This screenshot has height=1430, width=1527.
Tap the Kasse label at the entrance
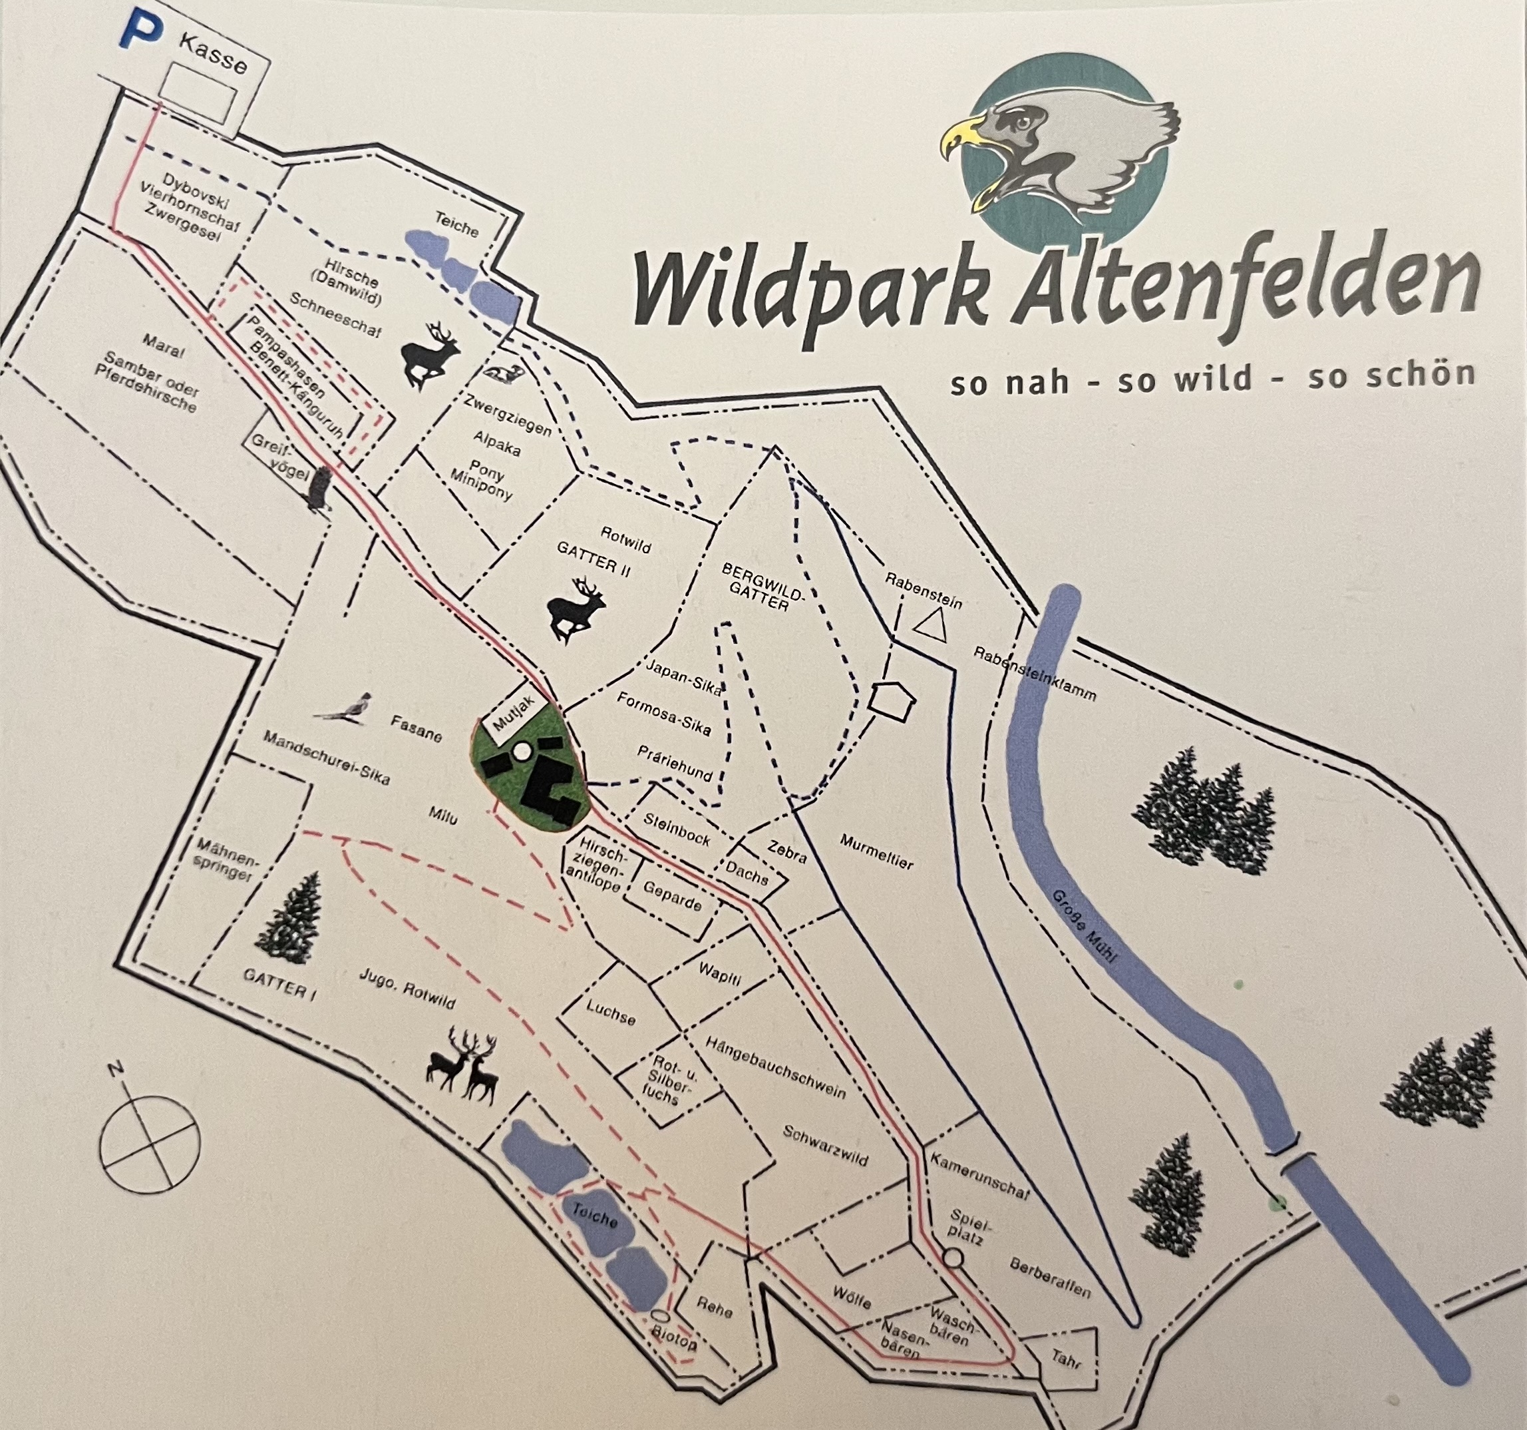click(x=214, y=55)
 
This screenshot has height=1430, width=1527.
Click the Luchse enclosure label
click(x=611, y=1013)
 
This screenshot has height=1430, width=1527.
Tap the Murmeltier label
click(x=876, y=851)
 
